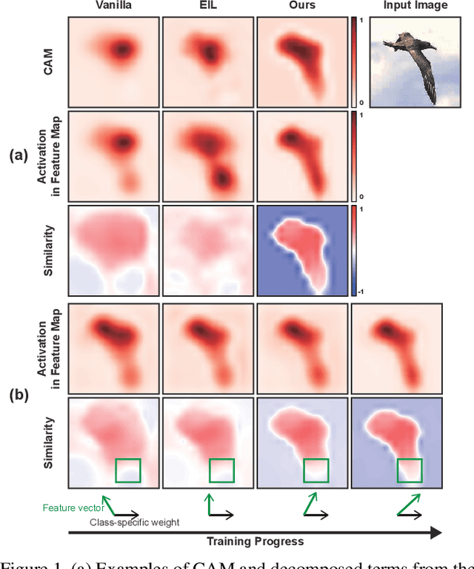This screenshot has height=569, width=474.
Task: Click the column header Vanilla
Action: pos(113,6)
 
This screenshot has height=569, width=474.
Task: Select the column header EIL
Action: pos(207,6)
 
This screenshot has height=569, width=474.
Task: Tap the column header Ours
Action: pos(302,6)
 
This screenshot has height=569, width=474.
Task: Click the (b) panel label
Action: pos(19,395)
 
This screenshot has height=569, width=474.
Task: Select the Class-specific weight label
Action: pos(134,522)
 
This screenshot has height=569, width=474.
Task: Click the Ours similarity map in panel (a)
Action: pos(302,251)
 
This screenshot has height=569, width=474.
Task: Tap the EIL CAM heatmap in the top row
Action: pos(207,61)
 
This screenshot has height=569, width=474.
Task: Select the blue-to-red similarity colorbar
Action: pos(355,251)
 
